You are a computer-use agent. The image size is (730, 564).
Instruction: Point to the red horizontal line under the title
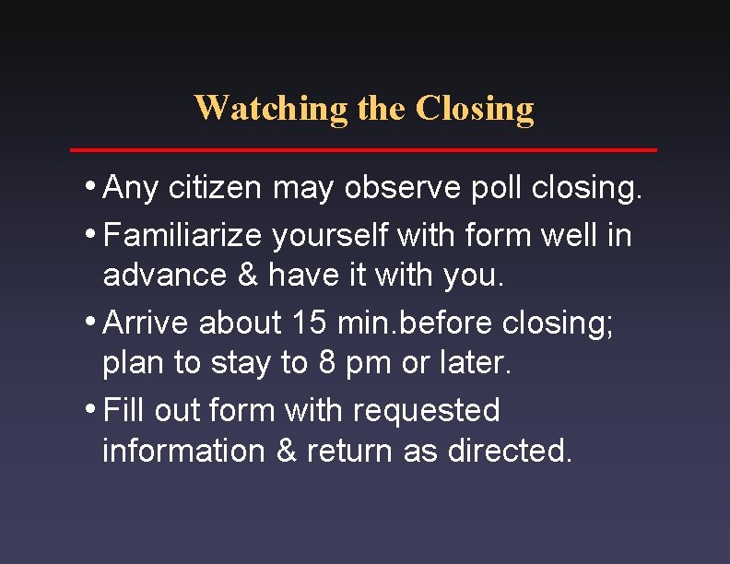point(364,149)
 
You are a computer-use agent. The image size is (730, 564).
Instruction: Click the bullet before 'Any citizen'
point(93,186)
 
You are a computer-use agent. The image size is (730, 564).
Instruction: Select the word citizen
point(220,188)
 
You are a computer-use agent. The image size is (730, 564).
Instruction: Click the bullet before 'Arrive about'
point(93,321)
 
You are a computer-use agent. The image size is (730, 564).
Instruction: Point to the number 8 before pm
point(327,362)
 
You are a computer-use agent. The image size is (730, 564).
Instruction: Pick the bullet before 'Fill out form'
point(93,407)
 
